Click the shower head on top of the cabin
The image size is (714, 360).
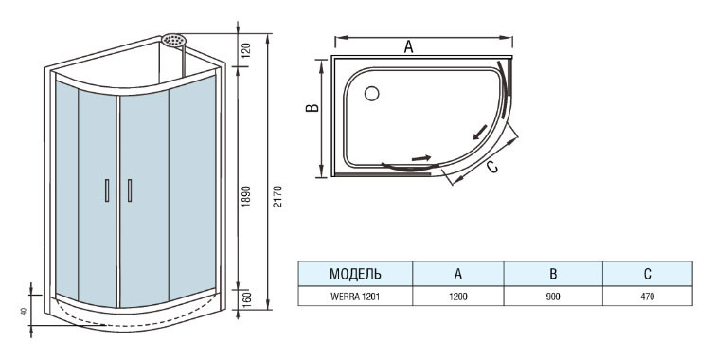point(174,40)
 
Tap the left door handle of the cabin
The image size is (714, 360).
point(107,190)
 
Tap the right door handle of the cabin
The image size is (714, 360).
point(130,190)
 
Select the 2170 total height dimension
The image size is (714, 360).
point(278,196)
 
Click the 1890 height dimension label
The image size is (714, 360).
point(246,196)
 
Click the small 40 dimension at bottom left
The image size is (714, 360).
point(24,311)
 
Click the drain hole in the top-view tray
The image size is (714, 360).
point(371,94)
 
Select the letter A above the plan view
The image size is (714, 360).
point(408,46)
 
